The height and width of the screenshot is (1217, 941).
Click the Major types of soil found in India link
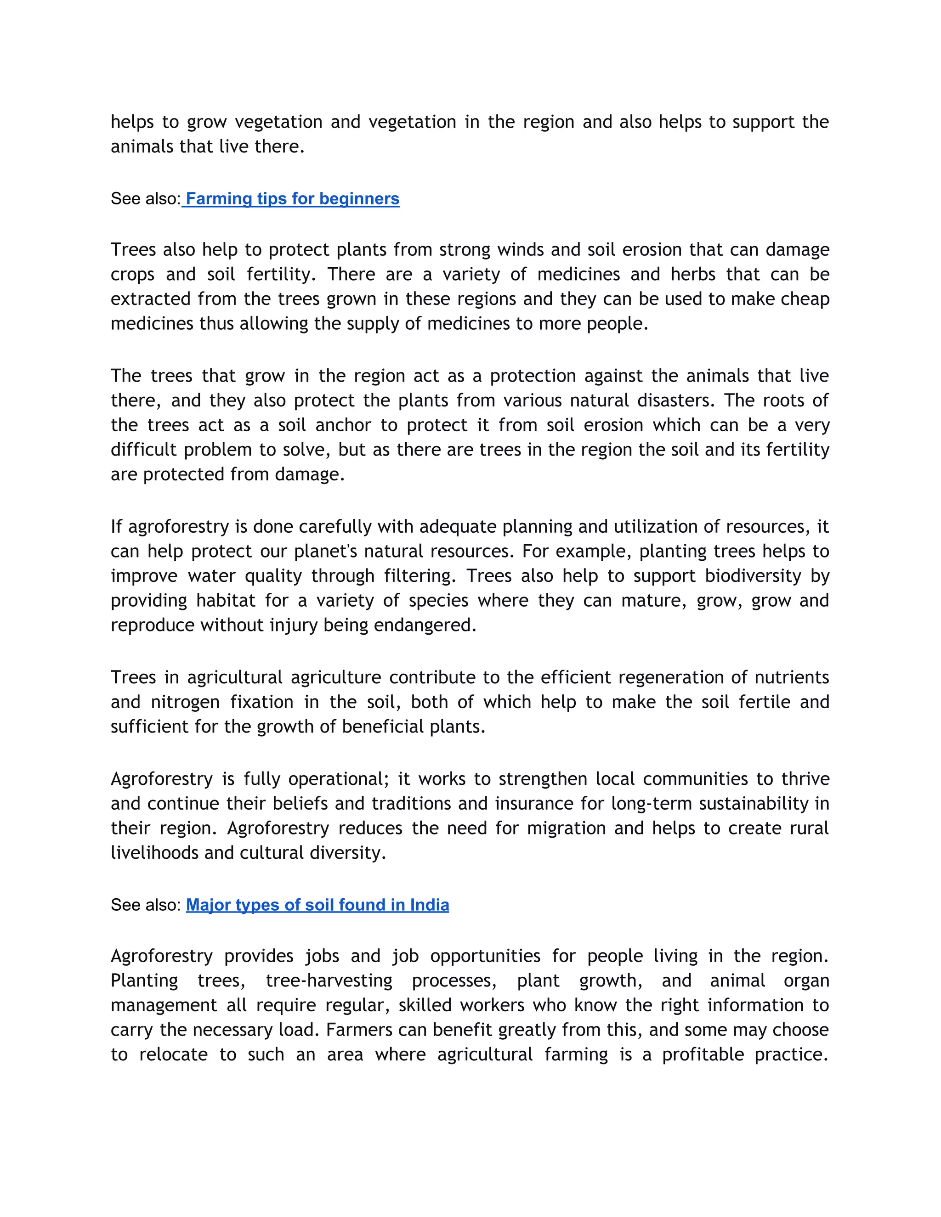[317, 905]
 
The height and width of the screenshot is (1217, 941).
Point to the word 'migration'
[566, 828]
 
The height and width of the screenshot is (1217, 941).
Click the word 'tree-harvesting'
[329, 981]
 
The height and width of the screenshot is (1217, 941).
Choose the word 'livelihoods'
[154, 852]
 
